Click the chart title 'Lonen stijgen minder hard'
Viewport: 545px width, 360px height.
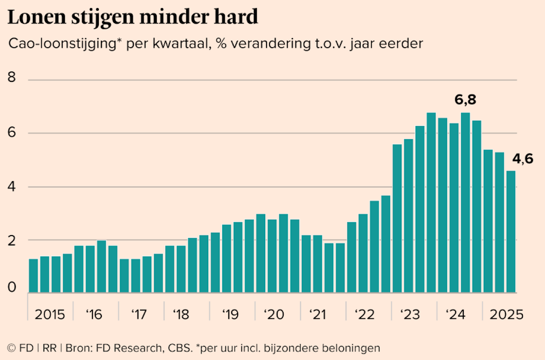[133, 17]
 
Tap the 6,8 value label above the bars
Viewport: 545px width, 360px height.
[465, 100]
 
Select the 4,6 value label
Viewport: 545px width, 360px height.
[522, 159]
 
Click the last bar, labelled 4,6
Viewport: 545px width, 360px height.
[511, 232]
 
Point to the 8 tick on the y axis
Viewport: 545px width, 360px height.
[11, 78]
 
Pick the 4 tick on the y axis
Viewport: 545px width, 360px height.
[11, 187]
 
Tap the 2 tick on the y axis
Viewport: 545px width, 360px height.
[11, 240]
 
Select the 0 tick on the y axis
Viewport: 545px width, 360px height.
[11, 288]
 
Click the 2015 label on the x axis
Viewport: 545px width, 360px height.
[50, 315]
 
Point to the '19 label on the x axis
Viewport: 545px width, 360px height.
[230, 315]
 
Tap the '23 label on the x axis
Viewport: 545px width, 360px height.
[410, 315]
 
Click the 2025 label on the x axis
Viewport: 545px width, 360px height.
[506, 315]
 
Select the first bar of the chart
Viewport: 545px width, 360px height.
[33, 276]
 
